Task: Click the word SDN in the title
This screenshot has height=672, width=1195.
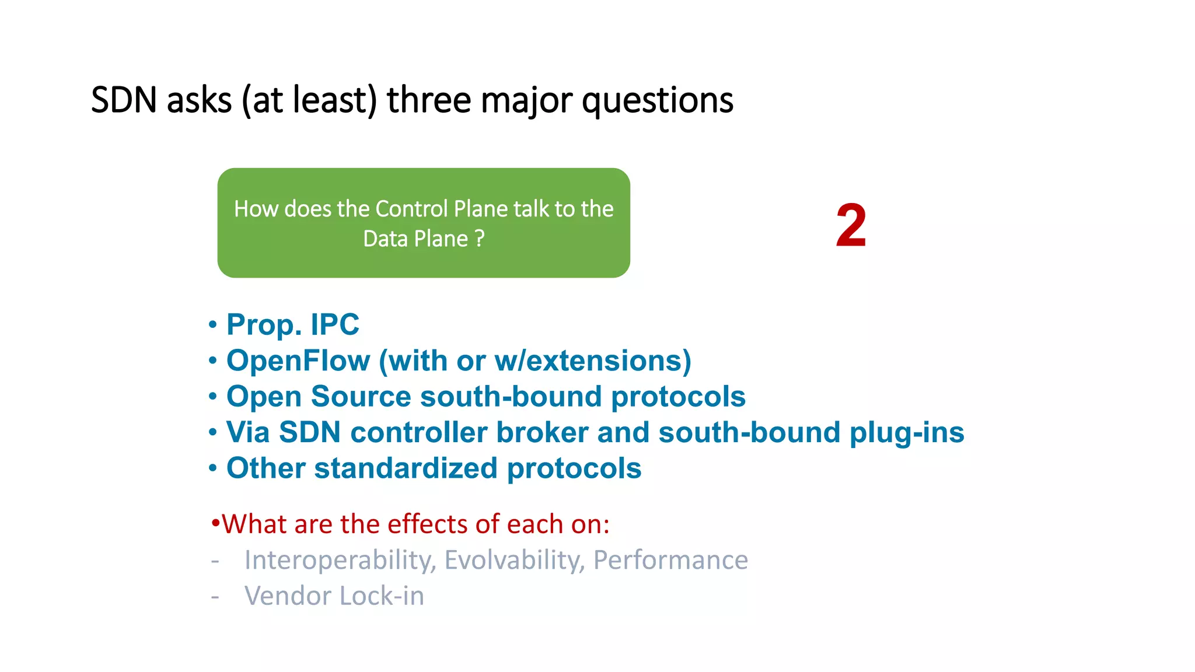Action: (124, 100)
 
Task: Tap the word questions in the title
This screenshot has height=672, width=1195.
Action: (658, 100)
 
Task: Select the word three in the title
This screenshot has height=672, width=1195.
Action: (429, 100)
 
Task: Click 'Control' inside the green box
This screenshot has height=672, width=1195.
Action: (412, 209)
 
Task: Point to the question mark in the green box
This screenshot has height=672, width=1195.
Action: (480, 239)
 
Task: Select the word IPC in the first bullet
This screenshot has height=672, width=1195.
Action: (334, 324)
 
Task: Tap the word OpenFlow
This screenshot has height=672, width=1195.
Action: (298, 360)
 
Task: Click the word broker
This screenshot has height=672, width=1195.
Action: (542, 432)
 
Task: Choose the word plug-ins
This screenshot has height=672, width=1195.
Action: (906, 432)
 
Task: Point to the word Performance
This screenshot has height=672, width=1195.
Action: (670, 560)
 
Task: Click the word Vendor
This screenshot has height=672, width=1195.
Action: (288, 596)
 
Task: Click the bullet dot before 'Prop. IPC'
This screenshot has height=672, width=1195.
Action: (213, 324)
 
